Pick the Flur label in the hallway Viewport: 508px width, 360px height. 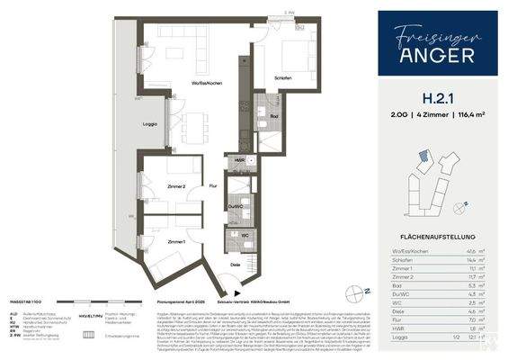(213, 186)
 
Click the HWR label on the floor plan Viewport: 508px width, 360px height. (237, 160)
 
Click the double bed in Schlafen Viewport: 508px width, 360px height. (293, 49)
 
